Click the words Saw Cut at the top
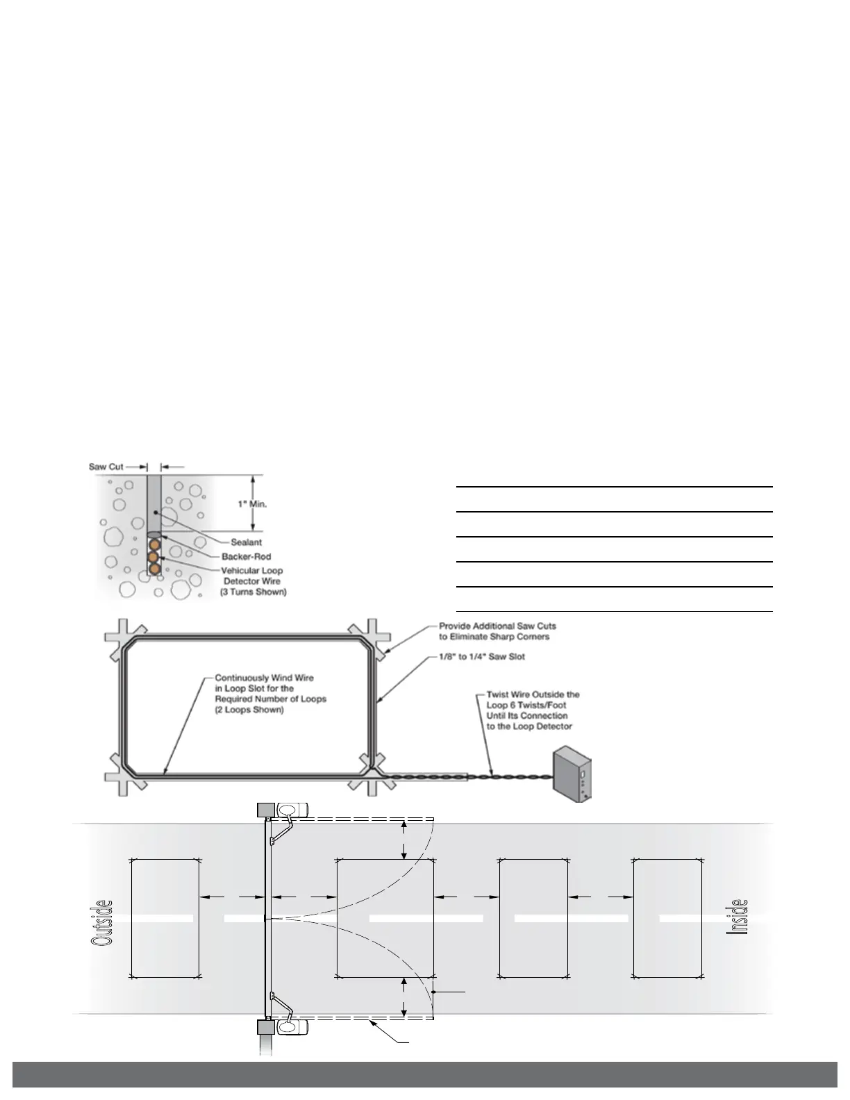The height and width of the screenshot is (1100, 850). pos(106,467)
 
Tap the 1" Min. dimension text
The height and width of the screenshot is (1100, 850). pos(252,503)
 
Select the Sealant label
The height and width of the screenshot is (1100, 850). pos(247,542)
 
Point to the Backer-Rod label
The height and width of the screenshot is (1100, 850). pos(246,556)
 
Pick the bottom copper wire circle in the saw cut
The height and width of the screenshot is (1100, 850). pos(153,569)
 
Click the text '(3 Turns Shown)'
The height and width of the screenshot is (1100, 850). pos(253,592)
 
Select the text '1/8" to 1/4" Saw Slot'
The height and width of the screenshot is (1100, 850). pos(482,656)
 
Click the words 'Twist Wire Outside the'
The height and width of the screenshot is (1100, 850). pos(533,694)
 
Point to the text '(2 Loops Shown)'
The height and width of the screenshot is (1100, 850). pos(249,710)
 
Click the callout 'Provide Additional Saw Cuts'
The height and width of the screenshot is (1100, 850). pos(497,626)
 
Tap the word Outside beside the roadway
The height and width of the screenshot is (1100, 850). pos(101,922)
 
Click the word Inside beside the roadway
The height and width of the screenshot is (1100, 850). pos(737,917)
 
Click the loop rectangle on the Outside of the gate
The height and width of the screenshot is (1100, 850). pos(165,918)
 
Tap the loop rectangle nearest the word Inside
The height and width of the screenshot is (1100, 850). pos(667,918)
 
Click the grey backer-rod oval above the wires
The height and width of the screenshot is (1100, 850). pos(153,535)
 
